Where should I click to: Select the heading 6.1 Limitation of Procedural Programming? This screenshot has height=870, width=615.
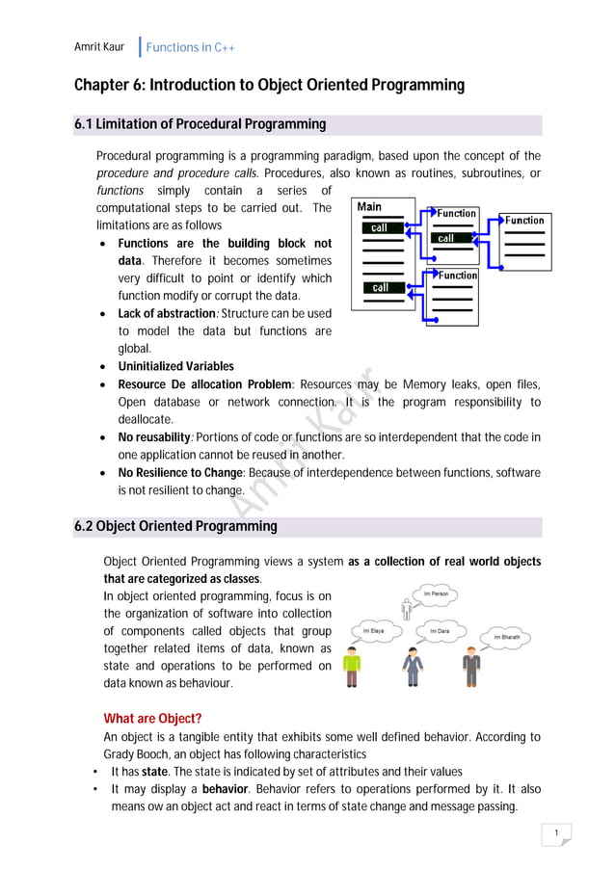(201, 124)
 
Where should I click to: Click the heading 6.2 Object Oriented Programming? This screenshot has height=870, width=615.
(175, 526)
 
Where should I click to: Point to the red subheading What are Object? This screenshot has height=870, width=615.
(152, 718)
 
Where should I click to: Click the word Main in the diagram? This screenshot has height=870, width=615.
(369, 206)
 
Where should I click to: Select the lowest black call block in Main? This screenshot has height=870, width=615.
(381, 287)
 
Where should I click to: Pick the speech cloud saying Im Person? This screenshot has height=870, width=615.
(437, 594)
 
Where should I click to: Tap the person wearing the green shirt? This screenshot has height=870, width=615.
(353, 667)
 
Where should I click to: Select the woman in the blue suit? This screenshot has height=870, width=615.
(413, 667)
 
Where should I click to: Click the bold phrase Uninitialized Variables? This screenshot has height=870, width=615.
(175, 366)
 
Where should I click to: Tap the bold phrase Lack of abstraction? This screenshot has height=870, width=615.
(166, 314)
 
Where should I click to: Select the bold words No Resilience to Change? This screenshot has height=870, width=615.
(181, 472)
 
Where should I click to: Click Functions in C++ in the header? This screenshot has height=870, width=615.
(190, 47)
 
